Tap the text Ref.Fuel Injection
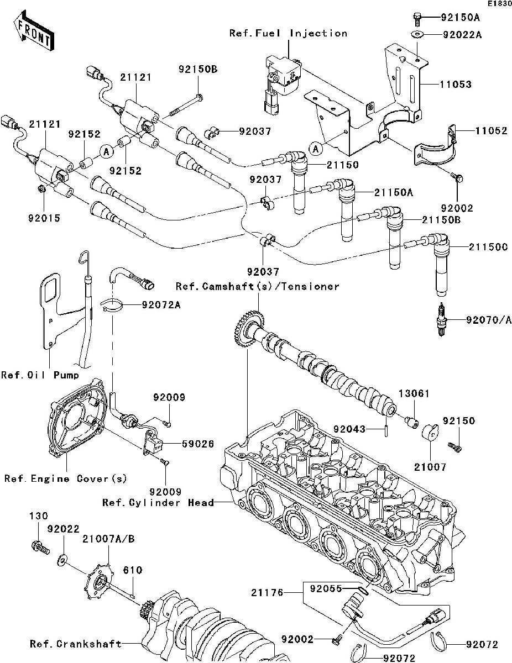(x=288, y=33)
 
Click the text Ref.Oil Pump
(x=39, y=375)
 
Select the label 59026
(x=184, y=443)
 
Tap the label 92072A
(x=160, y=304)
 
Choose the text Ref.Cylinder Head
(x=158, y=502)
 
